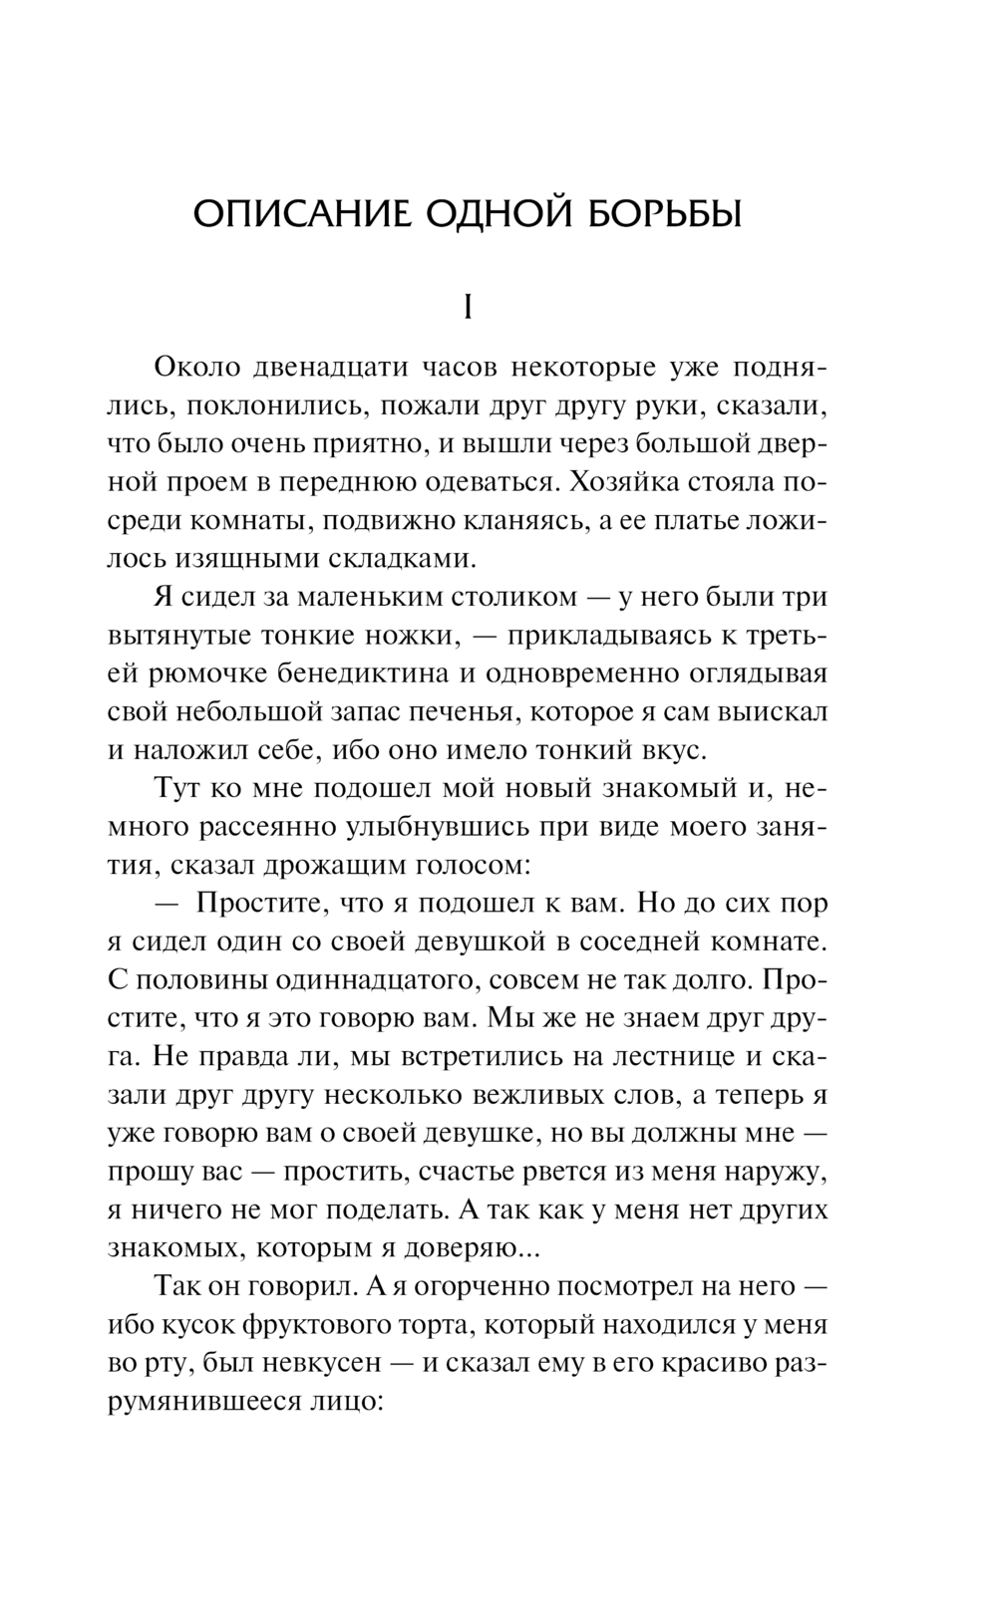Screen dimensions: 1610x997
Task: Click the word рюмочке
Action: tap(196, 673)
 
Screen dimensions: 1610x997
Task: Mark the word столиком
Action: tap(483, 597)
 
